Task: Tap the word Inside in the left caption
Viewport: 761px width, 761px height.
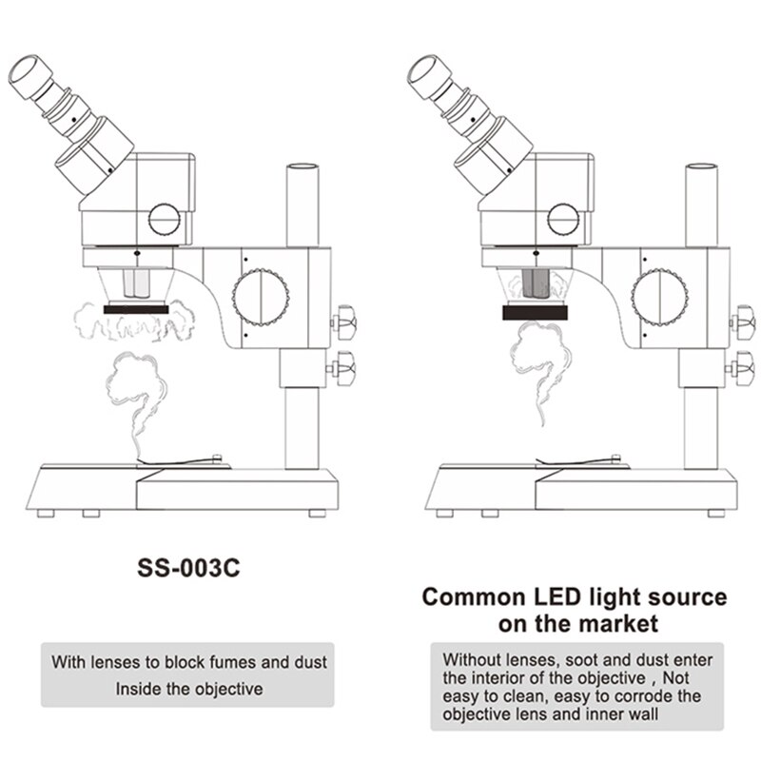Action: click(x=139, y=688)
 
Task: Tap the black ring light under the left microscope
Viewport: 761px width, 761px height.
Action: click(x=136, y=309)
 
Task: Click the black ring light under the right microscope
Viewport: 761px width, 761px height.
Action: click(x=535, y=311)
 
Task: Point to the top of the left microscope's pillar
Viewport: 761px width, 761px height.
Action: click(x=306, y=167)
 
